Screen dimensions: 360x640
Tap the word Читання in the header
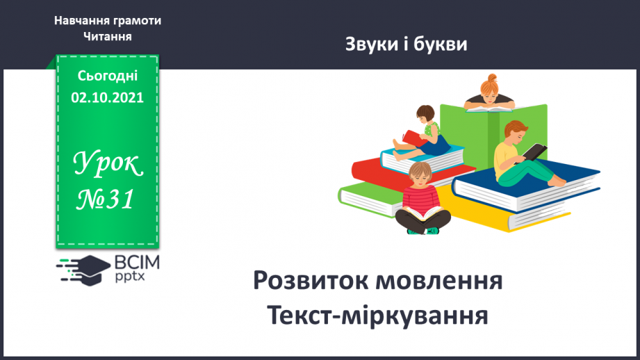(108, 35)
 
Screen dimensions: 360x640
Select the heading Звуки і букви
(406, 44)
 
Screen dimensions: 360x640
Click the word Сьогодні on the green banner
(108, 76)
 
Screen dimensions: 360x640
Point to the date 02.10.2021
(108, 97)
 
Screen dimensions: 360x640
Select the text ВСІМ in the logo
(135, 262)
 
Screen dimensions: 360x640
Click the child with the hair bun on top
(491, 94)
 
